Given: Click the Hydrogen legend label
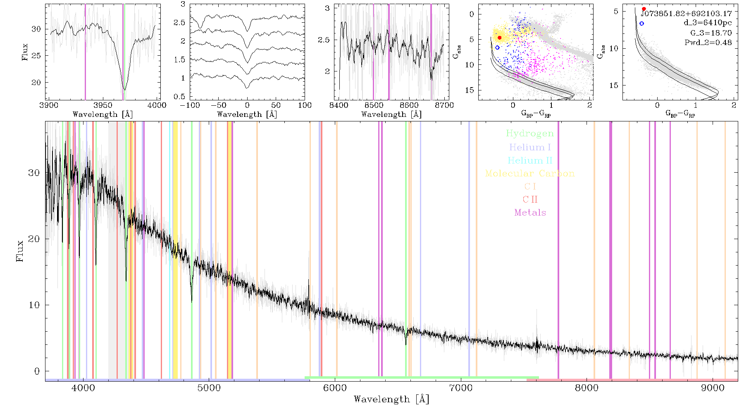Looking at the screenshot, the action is point(530,134).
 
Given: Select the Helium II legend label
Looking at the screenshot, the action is point(530,160).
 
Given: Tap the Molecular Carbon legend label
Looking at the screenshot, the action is point(530,173).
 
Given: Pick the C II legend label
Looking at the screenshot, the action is point(530,199).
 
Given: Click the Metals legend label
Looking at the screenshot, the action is point(530,213).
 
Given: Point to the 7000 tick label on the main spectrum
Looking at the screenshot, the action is point(461,388).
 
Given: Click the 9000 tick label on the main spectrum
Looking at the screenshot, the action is point(713,388).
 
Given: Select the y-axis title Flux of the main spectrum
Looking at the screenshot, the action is point(19,251).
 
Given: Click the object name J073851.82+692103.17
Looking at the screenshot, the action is point(686,14).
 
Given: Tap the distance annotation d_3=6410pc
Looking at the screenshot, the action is point(708,23).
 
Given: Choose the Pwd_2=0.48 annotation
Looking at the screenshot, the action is point(708,42).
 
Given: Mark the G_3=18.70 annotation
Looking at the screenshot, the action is point(711,33).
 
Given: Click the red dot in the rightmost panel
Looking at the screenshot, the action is point(644,9).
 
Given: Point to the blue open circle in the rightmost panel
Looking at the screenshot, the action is point(641,24).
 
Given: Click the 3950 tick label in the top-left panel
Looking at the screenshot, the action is point(103,105).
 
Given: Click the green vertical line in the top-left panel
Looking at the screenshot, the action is point(123,52).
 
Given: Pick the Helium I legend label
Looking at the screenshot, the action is point(530,147).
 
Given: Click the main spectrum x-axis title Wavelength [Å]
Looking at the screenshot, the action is point(391,399).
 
